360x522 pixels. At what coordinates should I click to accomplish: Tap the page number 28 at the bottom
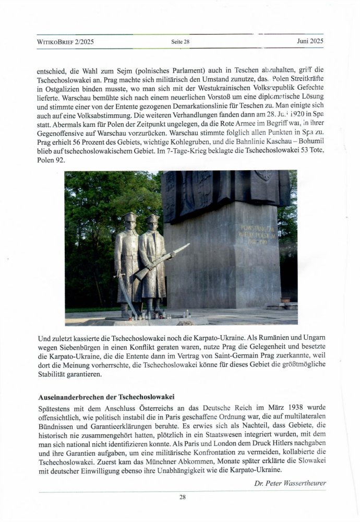coord(182,497)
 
